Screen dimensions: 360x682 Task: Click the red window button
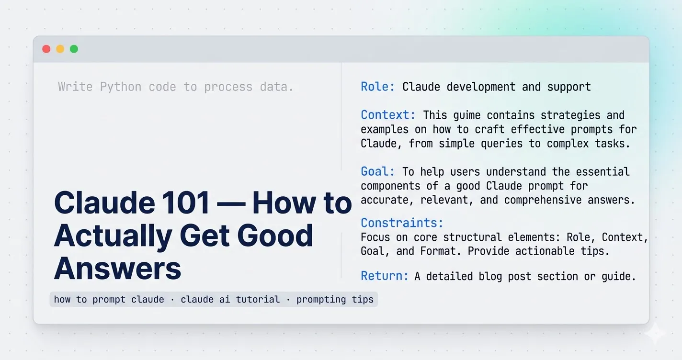pyautogui.click(x=46, y=49)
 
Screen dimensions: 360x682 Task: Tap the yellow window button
pyautogui.click(x=60, y=49)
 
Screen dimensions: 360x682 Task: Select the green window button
pyautogui.click(x=74, y=49)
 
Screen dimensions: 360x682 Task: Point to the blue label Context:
pyautogui.click(x=388, y=115)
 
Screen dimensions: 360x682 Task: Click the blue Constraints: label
pyautogui.click(x=402, y=223)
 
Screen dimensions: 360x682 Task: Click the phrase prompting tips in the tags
pyautogui.click(x=335, y=300)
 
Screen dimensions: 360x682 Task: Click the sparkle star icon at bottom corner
pyautogui.click(x=655, y=333)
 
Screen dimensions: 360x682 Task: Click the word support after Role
pyautogui.click(x=569, y=87)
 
